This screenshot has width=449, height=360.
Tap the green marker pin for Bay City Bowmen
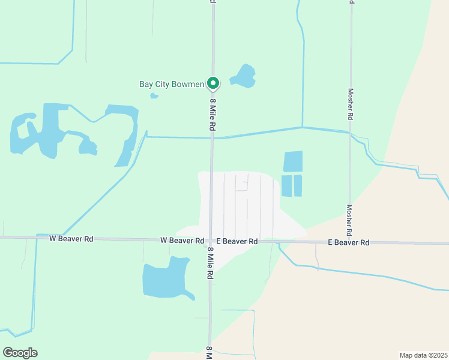pos(212,83)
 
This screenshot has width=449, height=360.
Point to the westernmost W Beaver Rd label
pos(71,239)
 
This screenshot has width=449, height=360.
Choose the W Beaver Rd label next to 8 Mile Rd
pos(182,241)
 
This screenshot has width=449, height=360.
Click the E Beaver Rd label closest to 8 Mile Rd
pos(237,241)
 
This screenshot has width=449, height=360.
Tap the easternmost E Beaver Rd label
pos(348,242)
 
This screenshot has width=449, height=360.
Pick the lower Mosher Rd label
pos(349,220)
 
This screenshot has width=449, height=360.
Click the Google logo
pos(20,353)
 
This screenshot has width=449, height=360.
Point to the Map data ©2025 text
pos(423,355)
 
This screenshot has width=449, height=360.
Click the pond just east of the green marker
pos(244,76)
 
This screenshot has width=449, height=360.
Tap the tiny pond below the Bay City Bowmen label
pos(154,95)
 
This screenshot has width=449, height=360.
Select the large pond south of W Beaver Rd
pos(166,278)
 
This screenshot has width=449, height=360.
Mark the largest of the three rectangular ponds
pos(293,161)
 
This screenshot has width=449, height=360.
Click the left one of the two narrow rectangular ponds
pos(286,185)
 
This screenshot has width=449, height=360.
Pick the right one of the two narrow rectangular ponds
pos(298,185)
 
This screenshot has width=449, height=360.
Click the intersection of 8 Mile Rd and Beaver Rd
pos(210,241)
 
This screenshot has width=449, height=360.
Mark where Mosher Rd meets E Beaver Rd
pos(349,242)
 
